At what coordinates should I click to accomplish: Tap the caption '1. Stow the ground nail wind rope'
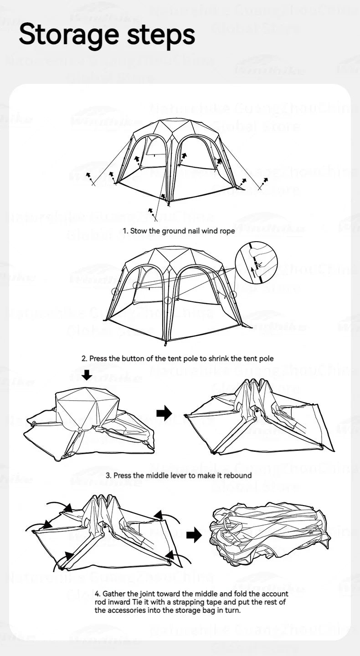tap(180, 231)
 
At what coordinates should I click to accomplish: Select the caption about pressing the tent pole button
tap(177, 358)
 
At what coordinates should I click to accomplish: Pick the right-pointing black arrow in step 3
tap(164, 413)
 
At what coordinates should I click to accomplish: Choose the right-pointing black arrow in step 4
tap(194, 535)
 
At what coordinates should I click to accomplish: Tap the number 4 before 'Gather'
tap(97, 594)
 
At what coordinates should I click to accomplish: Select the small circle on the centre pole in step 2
tap(168, 300)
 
